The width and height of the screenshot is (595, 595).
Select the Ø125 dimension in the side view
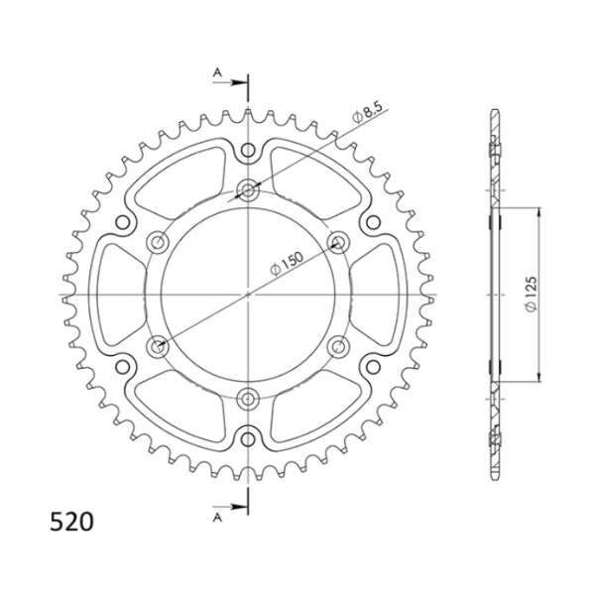click(x=532, y=295)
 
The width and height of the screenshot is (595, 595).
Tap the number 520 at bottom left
click(x=71, y=522)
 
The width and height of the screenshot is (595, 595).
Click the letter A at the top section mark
click(x=217, y=72)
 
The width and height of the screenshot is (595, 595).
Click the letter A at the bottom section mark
click(x=217, y=517)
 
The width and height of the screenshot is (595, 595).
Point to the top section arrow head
click(x=238, y=82)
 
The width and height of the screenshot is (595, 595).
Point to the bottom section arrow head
click(x=238, y=507)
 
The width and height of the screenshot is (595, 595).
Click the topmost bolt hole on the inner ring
click(x=248, y=189)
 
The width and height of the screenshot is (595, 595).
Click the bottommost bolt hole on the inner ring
click(x=248, y=399)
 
